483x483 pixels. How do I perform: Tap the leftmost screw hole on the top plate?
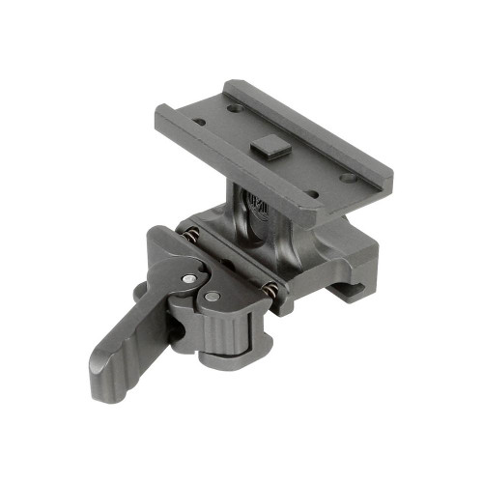click(x=199, y=122)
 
